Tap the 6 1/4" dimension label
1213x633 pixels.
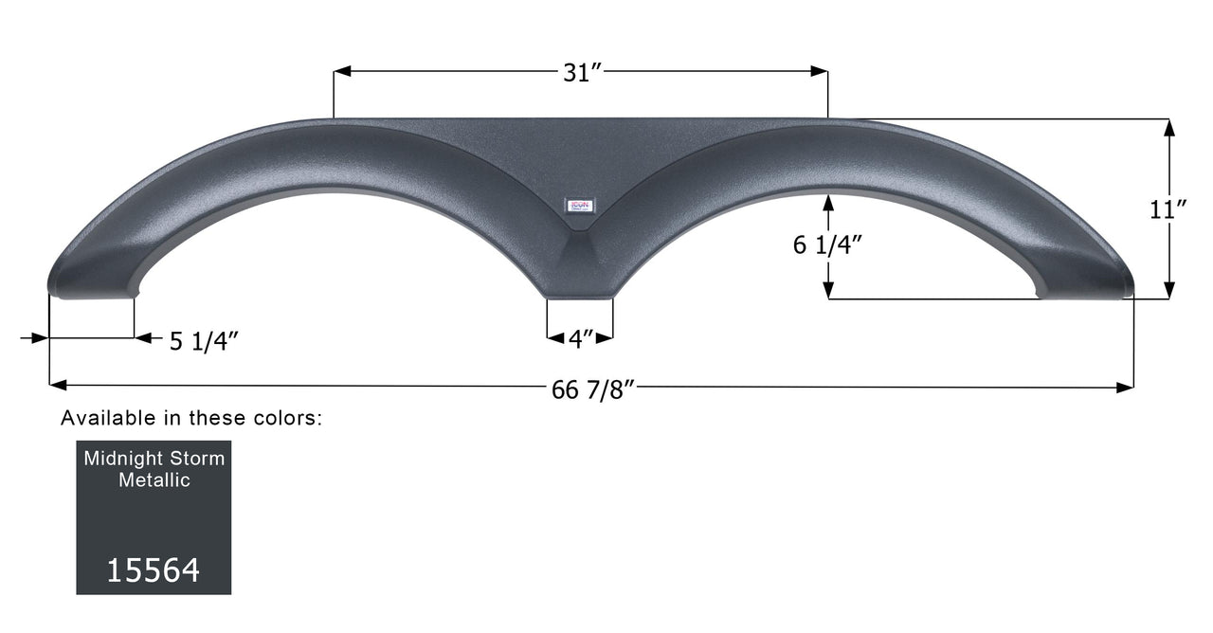click(827, 245)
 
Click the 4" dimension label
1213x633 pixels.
click(581, 338)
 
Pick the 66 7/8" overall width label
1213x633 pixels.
click(592, 389)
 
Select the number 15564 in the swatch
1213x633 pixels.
click(153, 570)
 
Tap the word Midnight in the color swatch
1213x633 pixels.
click(121, 459)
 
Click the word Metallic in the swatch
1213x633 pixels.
click(154, 480)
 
